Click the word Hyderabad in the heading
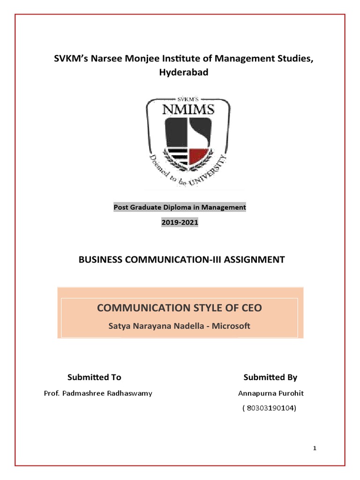pos(180,73)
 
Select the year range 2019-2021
pos(180,223)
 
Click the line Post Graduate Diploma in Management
pos(180,207)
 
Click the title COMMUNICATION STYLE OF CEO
pos(180,308)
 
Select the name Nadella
pos(182,326)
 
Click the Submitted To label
pos(94,377)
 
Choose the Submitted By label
pos(270,377)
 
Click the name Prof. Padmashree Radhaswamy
pos(98,393)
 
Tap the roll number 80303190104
pos(270,408)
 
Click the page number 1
pos(315,449)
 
